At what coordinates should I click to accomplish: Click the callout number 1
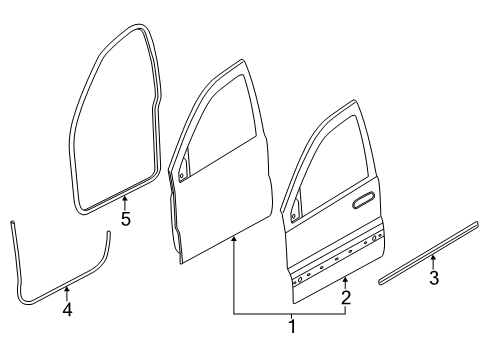pyautogui.click(x=292, y=326)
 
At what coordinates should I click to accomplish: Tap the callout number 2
pyautogui.click(x=345, y=296)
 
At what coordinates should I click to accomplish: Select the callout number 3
pyautogui.click(x=433, y=278)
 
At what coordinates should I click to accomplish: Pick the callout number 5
pyautogui.click(x=125, y=219)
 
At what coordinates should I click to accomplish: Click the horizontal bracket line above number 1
pyautogui.click(x=290, y=312)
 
